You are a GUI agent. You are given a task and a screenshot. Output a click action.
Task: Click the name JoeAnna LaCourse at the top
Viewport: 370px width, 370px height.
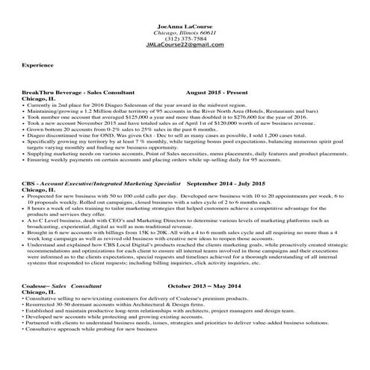click(184, 26)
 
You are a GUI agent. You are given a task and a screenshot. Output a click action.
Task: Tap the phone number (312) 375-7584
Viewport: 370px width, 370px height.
click(184, 39)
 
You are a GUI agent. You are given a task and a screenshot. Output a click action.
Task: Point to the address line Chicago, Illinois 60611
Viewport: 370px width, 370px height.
click(184, 33)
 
